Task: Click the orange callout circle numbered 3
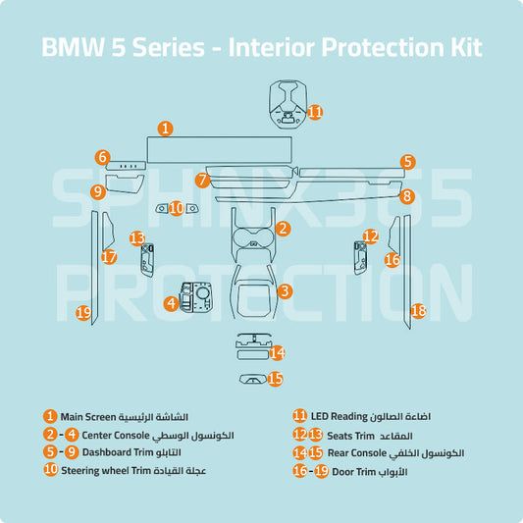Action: [284, 290]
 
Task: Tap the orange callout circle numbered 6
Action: [102, 157]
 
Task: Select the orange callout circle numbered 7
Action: [202, 180]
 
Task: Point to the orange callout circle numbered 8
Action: [407, 196]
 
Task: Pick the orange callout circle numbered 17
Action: [109, 257]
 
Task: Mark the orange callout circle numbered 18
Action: [418, 310]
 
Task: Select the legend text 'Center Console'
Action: [115, 435]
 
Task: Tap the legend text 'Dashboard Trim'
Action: [119, 452]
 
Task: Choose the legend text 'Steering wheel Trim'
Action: [106, 471]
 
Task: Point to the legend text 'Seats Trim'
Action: [351, 435]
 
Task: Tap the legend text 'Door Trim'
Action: [351, 471]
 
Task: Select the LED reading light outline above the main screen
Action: [288, 103]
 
